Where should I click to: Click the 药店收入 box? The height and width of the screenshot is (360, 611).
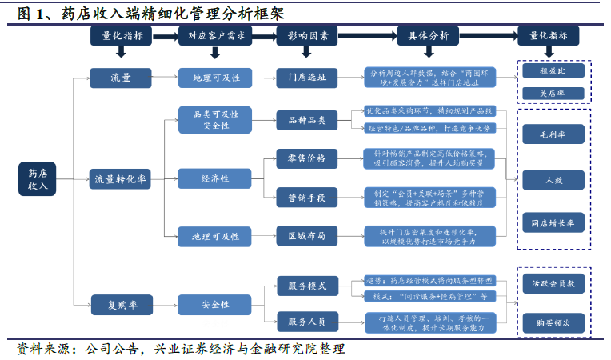click(38, 178)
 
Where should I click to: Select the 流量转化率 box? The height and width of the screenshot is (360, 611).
click(121, 178)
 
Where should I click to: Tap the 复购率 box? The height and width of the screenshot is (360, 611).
click(121, 304)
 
